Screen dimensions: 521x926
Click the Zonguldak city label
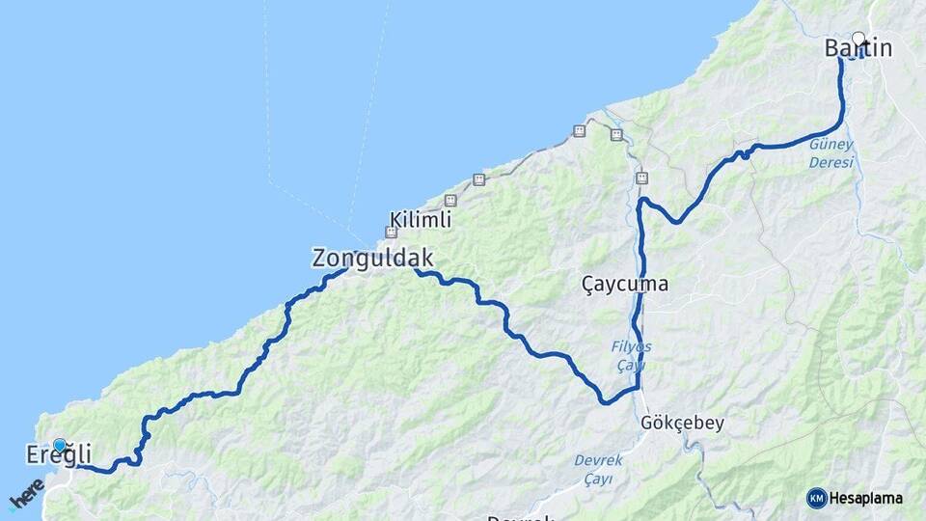click(372, 258)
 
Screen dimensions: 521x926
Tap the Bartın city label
click(858, 48)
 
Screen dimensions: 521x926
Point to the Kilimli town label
click(421, 220)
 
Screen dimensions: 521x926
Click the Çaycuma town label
click(625, 284)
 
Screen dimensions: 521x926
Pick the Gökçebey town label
click(682, 423)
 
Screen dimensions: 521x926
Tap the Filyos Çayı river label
click(632, 355)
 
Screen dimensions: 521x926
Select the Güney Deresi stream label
click(831, 153)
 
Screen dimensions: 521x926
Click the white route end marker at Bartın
click(858, 39)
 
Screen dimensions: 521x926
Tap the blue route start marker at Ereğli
click(60, 445)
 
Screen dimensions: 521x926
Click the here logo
click(26, 494)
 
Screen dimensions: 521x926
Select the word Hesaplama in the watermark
click(865, 498)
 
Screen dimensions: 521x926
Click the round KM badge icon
click(816, 498)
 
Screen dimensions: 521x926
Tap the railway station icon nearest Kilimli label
click(449, 200)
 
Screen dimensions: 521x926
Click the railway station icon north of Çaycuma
click(641, 178)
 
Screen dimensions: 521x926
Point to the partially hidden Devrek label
click(520, 517)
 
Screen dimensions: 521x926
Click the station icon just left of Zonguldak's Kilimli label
click(391, 232)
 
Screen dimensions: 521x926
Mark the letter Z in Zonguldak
click(319, 258)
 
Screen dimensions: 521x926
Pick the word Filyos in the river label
click(632, 346)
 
